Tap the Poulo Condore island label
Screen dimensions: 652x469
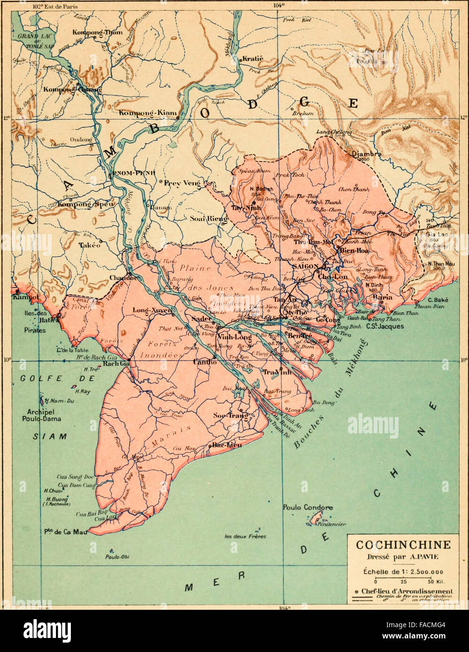(x=308, y=508)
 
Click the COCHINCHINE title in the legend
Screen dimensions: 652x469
(x=403, y=545)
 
